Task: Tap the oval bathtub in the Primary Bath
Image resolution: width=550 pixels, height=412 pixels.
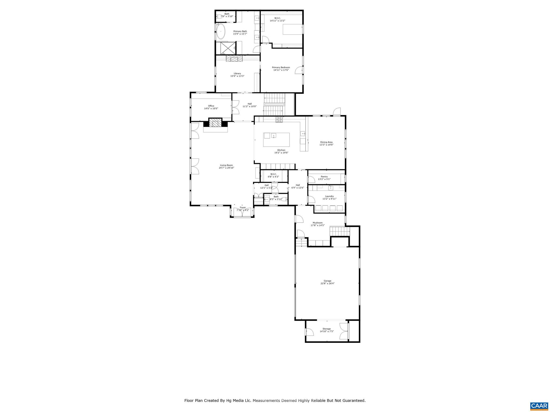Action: coord(221,32)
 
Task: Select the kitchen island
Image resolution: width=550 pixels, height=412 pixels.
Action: coord(276,139)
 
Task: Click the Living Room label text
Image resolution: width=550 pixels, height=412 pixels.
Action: coord(226,165)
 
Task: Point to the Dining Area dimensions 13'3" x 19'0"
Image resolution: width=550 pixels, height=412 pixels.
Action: coord(326,145)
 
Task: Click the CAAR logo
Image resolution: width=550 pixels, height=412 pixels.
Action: coord(539,405)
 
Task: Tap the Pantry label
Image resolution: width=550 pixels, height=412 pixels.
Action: coord(324,176)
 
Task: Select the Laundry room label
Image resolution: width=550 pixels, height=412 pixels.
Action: coord(329,196)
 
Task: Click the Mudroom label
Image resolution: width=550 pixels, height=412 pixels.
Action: coord(318,223)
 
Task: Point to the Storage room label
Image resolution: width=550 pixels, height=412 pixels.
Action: coord(327,329)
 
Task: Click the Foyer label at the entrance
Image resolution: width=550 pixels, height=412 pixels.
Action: coord(243,207)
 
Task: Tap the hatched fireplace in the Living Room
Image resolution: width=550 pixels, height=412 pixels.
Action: coord(215,123)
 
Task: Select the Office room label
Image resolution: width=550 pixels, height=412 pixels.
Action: coord(211,106)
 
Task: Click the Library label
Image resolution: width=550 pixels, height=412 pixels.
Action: coord(237,73)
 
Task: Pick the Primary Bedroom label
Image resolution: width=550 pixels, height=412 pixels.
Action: coord(281,67)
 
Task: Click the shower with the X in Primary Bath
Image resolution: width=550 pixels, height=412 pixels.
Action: coord(227,49)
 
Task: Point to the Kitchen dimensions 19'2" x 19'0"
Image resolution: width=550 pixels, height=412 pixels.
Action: coord(281,153)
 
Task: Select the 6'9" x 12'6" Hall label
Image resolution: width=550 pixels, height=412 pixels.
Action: coord(298,188)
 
